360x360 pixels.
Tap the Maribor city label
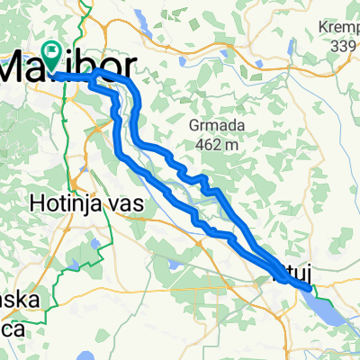72,67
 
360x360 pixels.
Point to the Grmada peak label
213,124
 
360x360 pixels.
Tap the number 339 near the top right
344,46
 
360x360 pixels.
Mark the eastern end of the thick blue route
310,288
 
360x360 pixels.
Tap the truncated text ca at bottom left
11,326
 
